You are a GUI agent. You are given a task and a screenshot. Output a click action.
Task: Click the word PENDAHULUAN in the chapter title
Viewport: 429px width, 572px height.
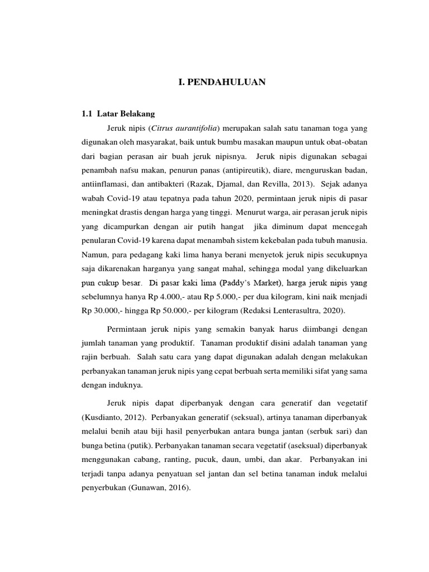tap(226, 83)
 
